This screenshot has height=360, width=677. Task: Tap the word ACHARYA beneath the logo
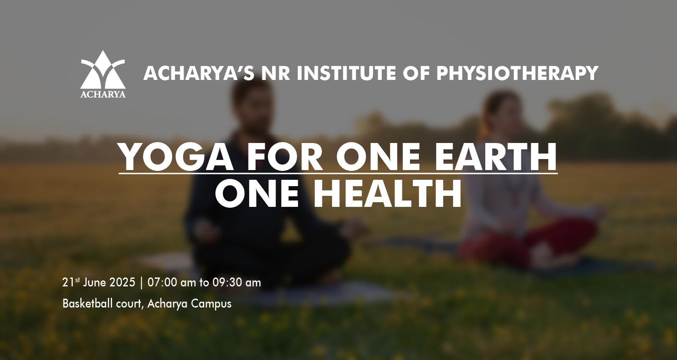point(103,94)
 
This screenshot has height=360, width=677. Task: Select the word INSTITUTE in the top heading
point(347,73)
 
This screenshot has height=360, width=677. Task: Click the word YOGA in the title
point(176,157)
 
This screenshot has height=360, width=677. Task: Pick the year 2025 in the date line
point(122,283)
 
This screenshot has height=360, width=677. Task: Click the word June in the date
point(95,283)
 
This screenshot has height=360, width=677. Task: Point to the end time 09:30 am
point(237,283)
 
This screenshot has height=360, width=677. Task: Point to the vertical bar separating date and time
point(141,283)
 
